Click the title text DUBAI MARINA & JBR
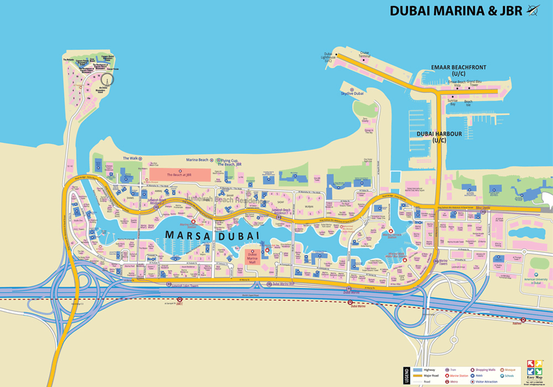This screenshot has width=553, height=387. [x=456, y=11]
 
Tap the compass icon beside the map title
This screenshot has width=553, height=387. [x=534, y=10]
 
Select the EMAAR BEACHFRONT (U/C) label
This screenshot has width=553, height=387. [x=458, y=70]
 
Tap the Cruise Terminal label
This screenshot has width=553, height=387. [x=364, y=55]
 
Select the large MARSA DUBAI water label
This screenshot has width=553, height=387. [x=212, y=235]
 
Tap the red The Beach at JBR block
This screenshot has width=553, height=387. [x=180, y=175]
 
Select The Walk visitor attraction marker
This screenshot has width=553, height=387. [x=140, y=159]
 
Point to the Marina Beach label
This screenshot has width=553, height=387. [x=197, y=160]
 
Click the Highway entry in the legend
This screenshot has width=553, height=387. [x=429, y=369]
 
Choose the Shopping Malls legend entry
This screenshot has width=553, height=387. [x=487, y=369]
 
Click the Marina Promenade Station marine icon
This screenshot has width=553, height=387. [x=193, y=222]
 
